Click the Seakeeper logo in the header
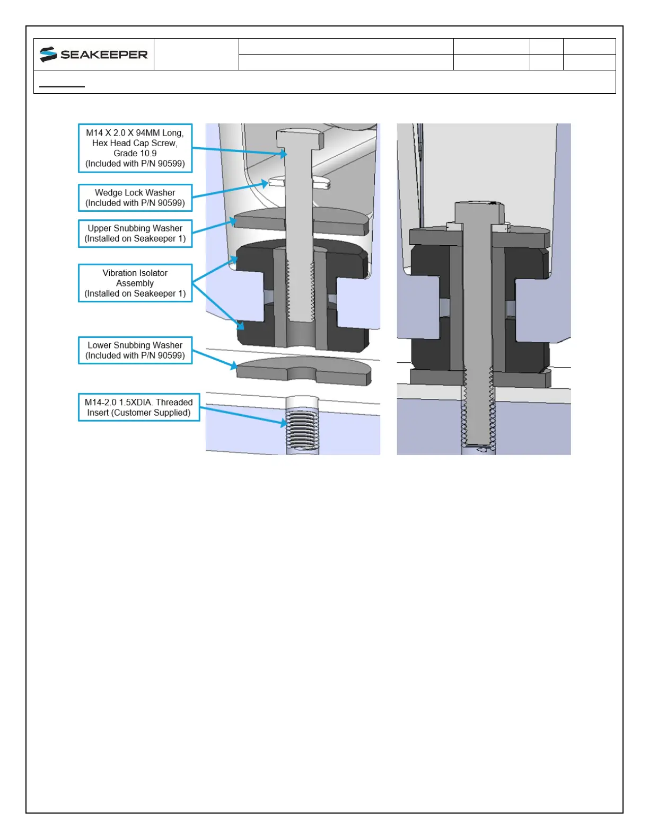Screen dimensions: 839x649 click(93, 54)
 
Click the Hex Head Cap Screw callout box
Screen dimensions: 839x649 click(135, 148)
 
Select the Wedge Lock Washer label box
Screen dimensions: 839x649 click(135, 198)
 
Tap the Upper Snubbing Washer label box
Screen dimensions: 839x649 click(135, 234)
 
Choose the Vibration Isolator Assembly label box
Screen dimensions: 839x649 click(135, 283)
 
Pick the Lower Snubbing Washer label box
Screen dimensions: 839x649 click(135, 351)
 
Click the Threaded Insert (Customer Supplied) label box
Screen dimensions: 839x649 click(139, 407)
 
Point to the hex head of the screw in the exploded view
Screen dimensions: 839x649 click(300, 139)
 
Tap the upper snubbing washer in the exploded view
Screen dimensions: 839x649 click(301, 220)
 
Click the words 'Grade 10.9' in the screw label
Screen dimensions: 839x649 click(135, 154)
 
